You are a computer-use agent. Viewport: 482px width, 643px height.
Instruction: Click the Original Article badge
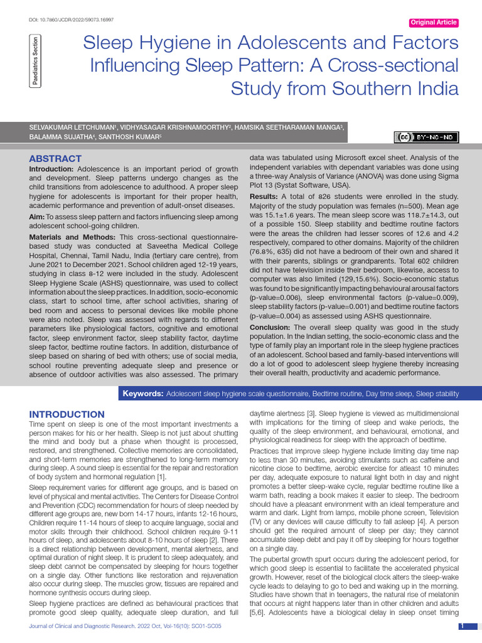tap(433, 23)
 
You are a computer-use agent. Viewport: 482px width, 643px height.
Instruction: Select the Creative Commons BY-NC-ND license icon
tap(426, 138)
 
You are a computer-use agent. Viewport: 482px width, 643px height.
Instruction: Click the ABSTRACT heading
tap(55, 159)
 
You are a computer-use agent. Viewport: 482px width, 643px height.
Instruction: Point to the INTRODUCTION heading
tap(67, 414)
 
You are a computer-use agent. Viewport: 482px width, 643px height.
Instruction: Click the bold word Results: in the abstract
tap(264, 197)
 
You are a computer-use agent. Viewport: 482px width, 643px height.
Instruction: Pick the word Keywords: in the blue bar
tap(142, 394)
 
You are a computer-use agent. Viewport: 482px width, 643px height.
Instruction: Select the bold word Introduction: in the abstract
tap(51, 170)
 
